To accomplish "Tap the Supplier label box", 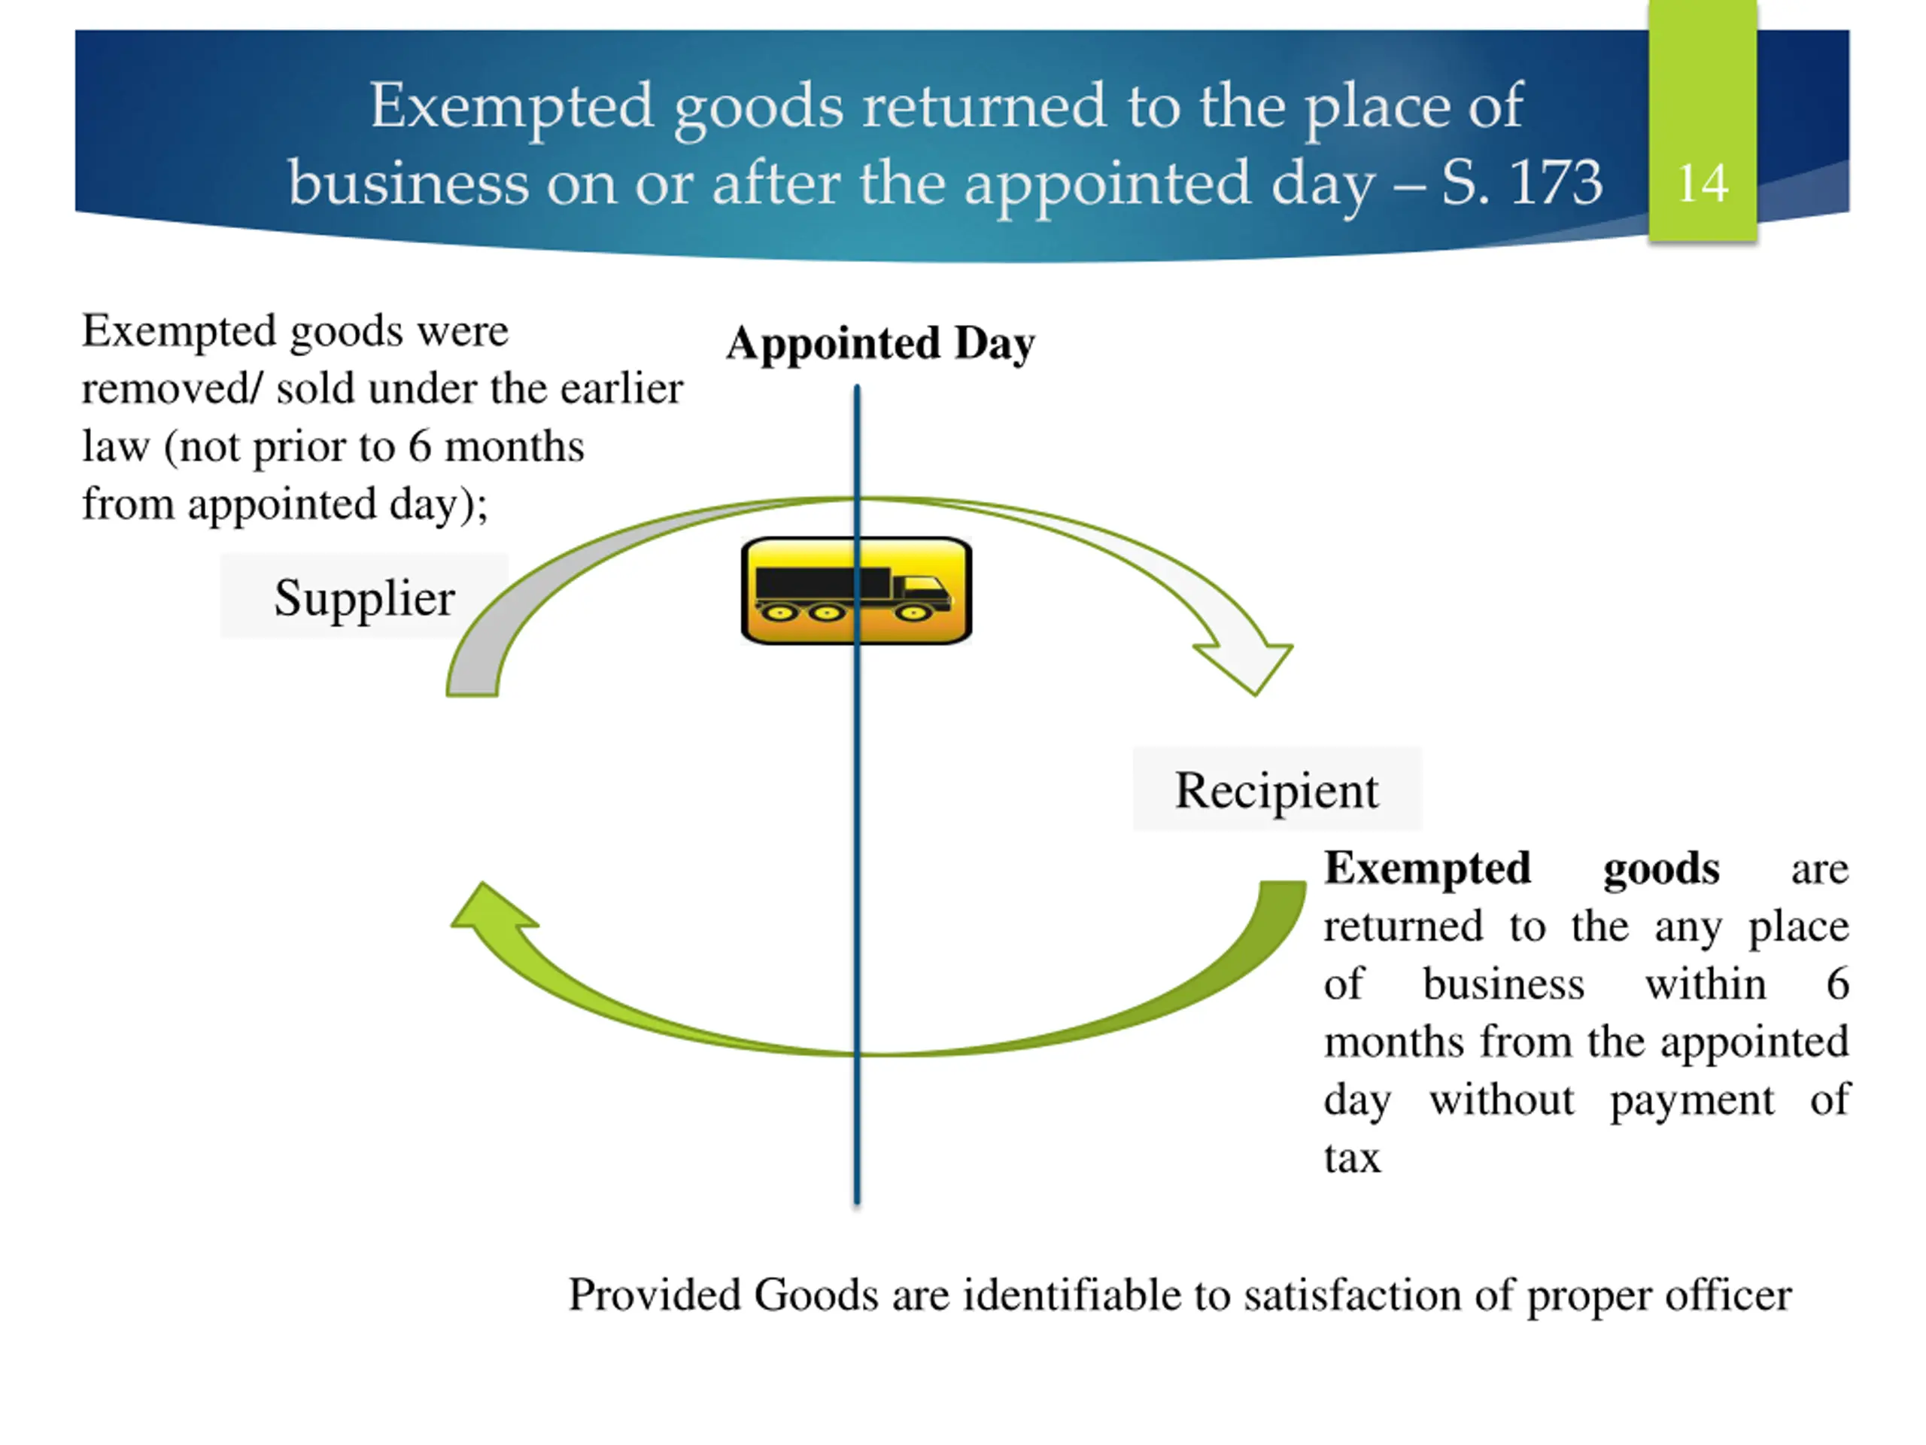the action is (x=364, y=598).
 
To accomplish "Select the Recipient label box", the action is (x=1277, y=790).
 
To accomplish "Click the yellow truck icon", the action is (x=856, y=592).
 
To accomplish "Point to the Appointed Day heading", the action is (x=880, y=342).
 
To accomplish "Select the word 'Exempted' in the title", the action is (x=511, y=106).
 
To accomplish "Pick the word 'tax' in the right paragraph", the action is (x=1351, y=1158).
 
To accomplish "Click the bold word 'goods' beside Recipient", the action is (x=1660, y=869).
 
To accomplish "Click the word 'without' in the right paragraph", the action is (x=1501, y=1100).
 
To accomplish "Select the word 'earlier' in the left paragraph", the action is (x=621, y=388).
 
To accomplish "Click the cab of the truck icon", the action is (x=924, y=592).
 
